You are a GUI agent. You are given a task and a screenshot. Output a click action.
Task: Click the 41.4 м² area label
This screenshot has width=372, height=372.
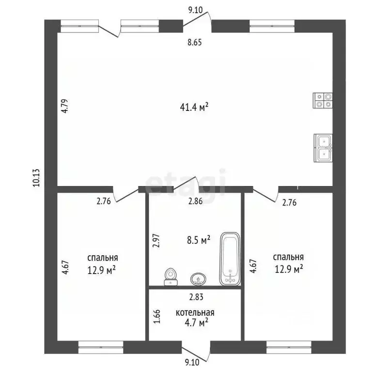point(194,107)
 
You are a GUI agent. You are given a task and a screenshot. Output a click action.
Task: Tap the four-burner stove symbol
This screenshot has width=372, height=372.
point(323,100)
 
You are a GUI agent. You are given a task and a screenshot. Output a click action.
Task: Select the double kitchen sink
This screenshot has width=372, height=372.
point(323,148)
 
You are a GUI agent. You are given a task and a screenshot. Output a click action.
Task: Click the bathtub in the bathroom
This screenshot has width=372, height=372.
point(230,259)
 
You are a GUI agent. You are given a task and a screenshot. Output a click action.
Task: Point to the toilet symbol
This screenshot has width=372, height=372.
point(170,277)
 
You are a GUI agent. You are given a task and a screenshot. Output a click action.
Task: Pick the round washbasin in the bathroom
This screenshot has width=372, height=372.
point(198,279)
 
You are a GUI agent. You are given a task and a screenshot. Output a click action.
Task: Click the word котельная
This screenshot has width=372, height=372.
point(195,313)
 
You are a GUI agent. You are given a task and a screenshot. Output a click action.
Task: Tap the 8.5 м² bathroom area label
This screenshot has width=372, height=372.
point(199,240)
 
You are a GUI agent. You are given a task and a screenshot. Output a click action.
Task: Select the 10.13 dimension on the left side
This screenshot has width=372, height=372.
point(36,178)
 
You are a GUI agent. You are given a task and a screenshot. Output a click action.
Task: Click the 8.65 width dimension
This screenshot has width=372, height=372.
point(195,43)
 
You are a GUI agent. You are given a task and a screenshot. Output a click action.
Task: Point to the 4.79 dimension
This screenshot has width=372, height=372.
point(65,106)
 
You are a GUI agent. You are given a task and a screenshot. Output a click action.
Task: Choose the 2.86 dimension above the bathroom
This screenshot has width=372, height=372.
point(196,201)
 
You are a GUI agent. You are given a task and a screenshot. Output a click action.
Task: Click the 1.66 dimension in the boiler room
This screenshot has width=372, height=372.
point(157,316)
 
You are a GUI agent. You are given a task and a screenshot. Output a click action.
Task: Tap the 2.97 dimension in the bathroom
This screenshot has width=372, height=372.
point(156,241)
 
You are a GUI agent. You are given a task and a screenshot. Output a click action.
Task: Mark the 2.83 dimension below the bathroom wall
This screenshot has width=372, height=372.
point(196,297)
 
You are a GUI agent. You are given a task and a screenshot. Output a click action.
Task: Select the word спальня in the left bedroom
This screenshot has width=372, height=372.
point(103,258)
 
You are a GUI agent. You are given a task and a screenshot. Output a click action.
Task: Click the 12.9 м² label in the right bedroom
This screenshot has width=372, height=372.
point(289,269)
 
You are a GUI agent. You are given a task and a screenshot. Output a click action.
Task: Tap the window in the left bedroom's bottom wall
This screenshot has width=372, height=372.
point(101,347)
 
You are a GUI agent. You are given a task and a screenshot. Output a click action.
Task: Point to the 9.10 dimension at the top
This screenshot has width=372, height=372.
point(195,10)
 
